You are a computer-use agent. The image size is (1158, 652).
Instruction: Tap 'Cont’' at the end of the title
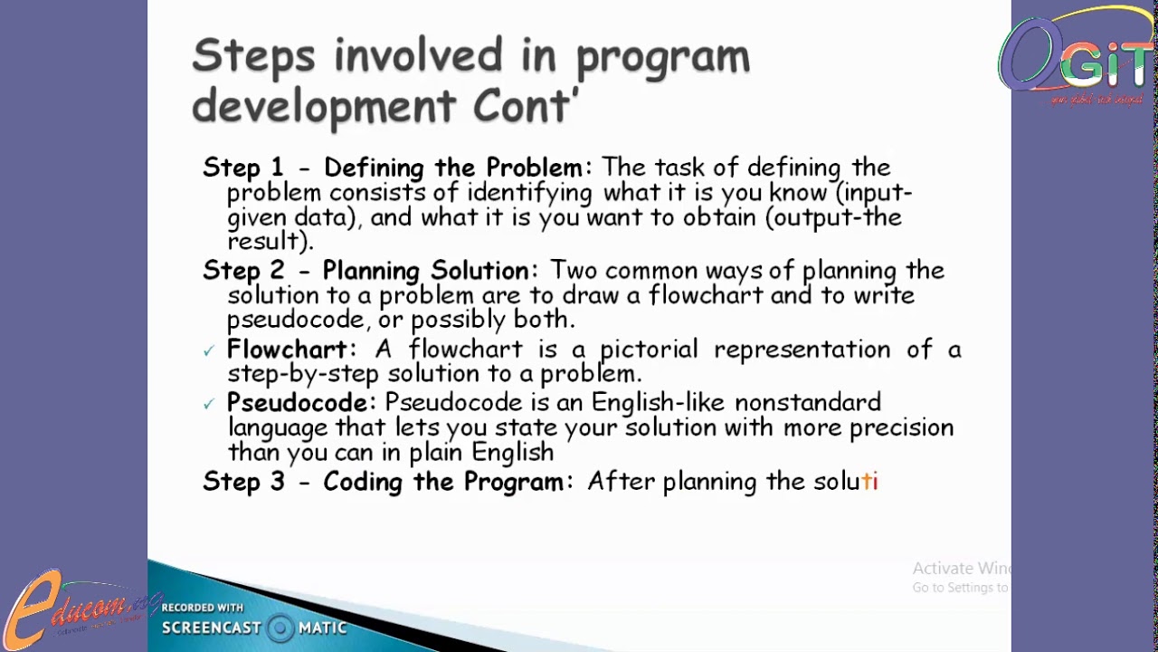pyautogui.click(x=523, y=107)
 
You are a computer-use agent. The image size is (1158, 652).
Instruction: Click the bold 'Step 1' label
pyautogui.click(x=242, y=168)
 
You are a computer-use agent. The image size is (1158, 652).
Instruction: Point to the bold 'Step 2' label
pyautogui.click(x=242, y=271)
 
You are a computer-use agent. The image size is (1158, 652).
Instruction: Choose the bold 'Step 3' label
pyautogui.click(x=242, y=482)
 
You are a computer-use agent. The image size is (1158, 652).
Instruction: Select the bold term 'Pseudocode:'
pyautogui.click(x=300, y=402)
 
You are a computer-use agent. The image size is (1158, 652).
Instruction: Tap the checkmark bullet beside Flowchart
pyautogui.click(x=209, y=351)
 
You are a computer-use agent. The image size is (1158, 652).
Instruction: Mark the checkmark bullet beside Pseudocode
pyautogui.click(x=209, y=404)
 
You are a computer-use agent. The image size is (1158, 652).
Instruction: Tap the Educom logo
pyautogui.click(x=77, y=607)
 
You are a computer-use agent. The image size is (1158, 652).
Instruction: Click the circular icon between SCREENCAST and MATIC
pyautogui.click(x=280, y=628)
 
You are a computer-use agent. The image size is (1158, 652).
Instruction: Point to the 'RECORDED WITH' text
pyautogui.click(x=202, y=608)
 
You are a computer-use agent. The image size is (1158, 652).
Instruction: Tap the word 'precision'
pyautogui.click(x=901, y=427)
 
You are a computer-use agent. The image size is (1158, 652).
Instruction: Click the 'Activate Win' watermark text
pyautogui.click(x=961, y=569)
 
